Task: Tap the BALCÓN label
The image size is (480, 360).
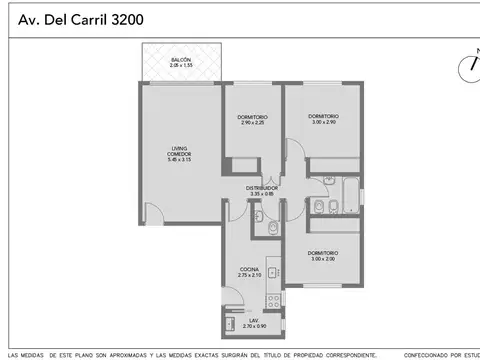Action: point(180,60)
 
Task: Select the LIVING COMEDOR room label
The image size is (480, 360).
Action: point(179,150)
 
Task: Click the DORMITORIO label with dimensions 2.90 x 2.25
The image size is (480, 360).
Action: point(251,118)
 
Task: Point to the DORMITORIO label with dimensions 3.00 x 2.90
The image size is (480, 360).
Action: point(324,116)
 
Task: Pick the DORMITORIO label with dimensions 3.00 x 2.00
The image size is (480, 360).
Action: point(323,252)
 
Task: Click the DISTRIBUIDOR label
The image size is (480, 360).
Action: point(264,187)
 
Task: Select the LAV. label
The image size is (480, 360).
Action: point(249,321)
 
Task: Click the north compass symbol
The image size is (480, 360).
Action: point(469,67)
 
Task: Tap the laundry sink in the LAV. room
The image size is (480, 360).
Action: point(231,323)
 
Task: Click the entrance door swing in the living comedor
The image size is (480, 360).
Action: point(151,212)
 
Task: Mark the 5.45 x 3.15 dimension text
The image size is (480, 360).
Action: point(179,158)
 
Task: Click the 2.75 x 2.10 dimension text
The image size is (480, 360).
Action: point(250,275)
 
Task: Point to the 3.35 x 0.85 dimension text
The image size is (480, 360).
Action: point(264,193)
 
